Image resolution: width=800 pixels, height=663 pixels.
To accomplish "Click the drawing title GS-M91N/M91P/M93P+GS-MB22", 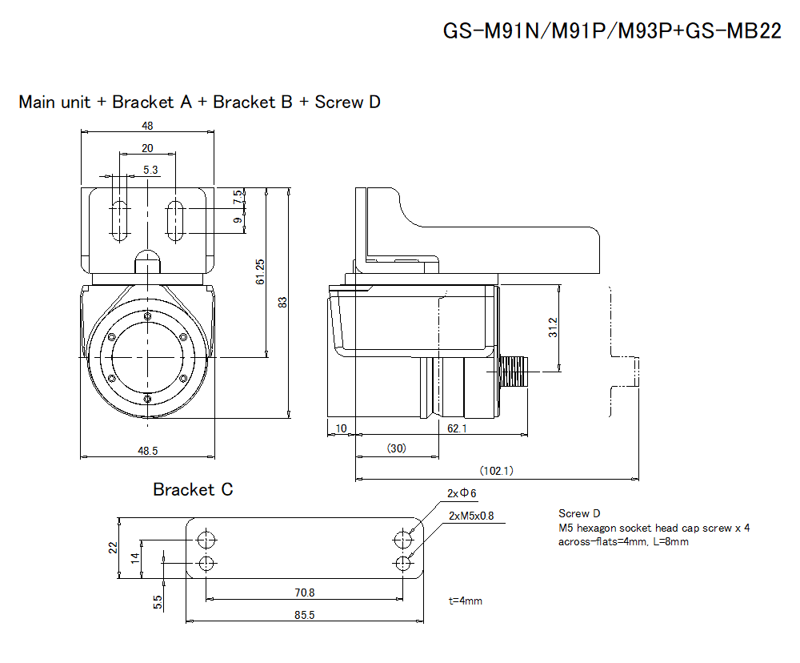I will pos(612,33).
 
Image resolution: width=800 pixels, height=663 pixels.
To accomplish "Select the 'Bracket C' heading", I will pos(193,489).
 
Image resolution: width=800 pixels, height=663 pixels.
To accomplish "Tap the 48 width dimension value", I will pos(148,125).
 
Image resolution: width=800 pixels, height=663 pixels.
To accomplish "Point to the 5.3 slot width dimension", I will pos(150,170).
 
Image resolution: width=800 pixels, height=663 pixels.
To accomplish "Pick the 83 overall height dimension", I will pos(282,302).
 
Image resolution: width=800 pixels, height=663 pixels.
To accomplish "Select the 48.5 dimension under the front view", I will pos(148,451).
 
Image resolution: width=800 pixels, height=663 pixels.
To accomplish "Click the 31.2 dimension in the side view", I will pos(553,328).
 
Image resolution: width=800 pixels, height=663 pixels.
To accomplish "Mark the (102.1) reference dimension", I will pos(496,470).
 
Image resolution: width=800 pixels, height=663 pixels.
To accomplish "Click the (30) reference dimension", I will pos(396,448).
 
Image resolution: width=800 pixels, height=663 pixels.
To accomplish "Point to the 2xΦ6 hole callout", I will pos(462,492).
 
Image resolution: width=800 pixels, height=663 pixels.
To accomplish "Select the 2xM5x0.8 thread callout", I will pos(471,516).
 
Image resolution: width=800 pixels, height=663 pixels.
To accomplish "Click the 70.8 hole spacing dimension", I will pos(305,593).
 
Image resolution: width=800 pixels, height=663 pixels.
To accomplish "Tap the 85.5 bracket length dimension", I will pos(305,615).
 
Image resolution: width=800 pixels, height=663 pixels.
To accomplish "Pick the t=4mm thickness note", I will pos(466,601).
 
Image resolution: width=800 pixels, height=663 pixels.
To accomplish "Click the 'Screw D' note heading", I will pos(579,513).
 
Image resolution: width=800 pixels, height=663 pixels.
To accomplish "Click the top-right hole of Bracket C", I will pos(405,537).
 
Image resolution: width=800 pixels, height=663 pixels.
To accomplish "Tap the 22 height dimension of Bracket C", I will pos(113,547).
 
